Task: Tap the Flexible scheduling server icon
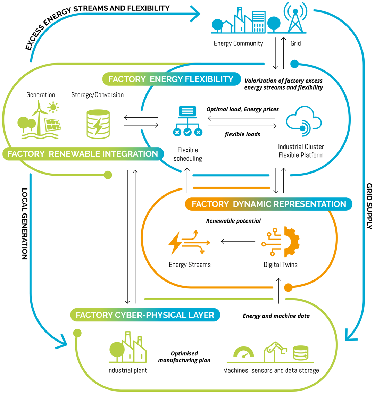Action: coord(187,121)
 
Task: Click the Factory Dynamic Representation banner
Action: coord(269,204)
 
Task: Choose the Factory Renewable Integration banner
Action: coord(84,153)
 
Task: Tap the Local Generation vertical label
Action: coord(25,224)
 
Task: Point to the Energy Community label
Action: coord(238,44)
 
